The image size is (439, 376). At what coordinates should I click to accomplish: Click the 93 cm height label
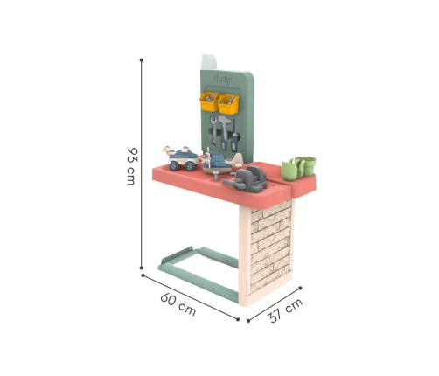[x=132, y=166]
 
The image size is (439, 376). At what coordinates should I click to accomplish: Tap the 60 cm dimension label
[x=178, y=304]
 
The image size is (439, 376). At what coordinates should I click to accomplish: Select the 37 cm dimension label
[x=285, y=310]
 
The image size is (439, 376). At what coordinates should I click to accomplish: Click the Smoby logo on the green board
[x=223, y=79]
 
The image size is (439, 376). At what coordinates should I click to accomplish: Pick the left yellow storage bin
[x=209, y=101]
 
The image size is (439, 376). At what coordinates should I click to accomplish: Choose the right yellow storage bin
[x=229, y=104]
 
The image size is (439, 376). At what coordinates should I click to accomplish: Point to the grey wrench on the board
[x=213, y=131]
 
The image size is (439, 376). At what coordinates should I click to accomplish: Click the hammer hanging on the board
[x=225, y=133]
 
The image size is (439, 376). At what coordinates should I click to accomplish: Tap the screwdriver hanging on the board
[x=234, y=136]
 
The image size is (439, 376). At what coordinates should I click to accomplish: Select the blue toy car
[x=182, y=159]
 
